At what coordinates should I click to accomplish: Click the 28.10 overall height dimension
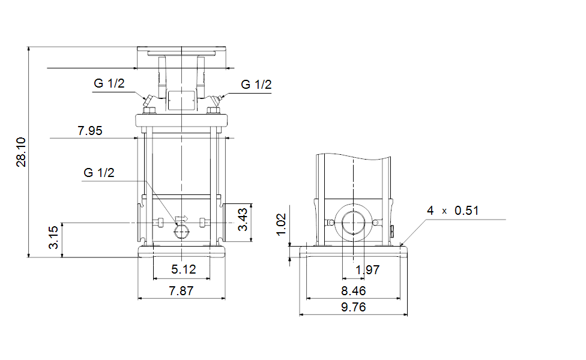click(21, 152)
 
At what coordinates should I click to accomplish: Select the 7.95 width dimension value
click(89, 131)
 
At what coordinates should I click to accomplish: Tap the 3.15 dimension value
click(53, 237)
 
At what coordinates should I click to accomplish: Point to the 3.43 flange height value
click(243, 220)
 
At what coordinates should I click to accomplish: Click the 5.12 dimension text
click(184, 269)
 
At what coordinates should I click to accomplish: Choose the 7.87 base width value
click(181, 290)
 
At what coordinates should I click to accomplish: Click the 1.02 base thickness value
click(281, 224)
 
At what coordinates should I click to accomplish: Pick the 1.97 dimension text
click(367, 269)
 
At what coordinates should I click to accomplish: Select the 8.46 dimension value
click(354, 290)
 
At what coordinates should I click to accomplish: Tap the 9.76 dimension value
click(354, 307)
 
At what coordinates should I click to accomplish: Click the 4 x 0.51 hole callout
click(453, 211)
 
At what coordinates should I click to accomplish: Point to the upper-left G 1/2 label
click(109, 83)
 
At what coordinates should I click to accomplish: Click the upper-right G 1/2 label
click(256, 85)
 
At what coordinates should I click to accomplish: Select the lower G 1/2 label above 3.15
click(99, 173)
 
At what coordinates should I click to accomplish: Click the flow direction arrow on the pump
click(182, 219)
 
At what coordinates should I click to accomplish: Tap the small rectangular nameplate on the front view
click(181, 100)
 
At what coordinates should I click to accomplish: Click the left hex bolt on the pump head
click(150, 110)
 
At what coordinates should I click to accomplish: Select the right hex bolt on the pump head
click(213, 110)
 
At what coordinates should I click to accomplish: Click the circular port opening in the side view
click(353, 223)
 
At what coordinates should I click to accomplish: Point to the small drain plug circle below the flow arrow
click(182, 232)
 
